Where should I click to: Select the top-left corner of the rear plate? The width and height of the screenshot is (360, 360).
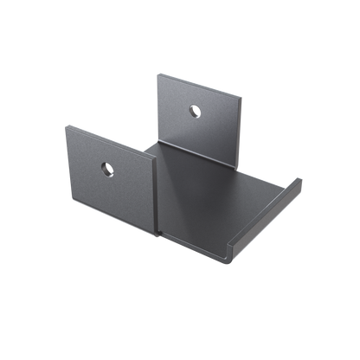click(x=157, y=71)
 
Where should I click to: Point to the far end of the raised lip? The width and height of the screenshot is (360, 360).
click(x=300, y=179)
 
